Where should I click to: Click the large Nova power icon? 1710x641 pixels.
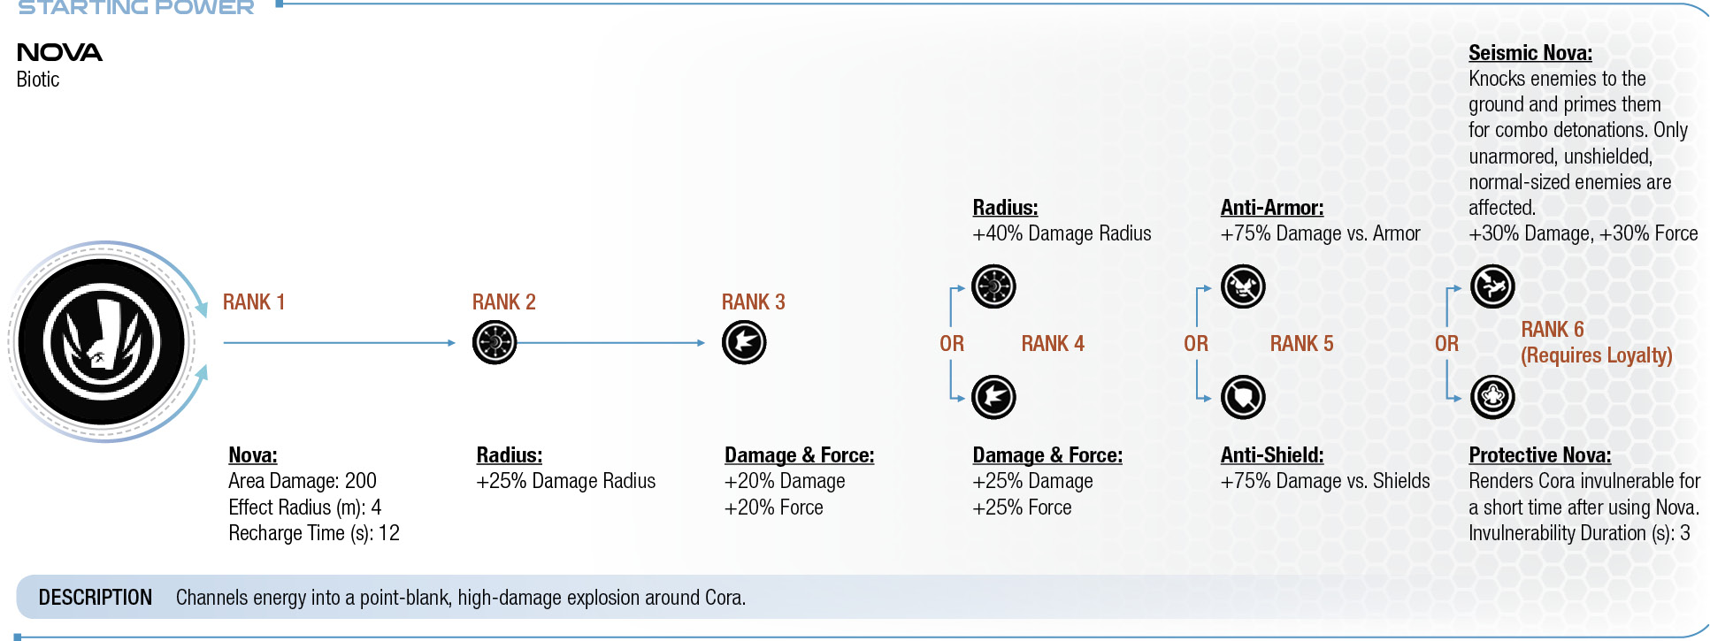coord(102,342)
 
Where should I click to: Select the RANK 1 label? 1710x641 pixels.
coord(254,302)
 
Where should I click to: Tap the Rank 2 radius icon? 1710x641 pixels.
coord(495,342)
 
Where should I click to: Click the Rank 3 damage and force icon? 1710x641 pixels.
coord(744,342)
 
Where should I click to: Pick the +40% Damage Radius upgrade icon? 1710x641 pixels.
coord(993,286)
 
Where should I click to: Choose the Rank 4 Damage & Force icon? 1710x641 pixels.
coord(993,397)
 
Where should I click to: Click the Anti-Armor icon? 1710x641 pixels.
coord(1243,286)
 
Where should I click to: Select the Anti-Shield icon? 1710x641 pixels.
coord(1243,397)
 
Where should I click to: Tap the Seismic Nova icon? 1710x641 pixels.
coord(1492,286)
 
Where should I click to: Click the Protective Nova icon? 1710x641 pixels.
coord(1492,397)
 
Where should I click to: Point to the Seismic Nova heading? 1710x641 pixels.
coord(1530,53)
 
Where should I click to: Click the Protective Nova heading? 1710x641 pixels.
coord(1540,455)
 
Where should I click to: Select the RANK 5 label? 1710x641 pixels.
coord(1301,344)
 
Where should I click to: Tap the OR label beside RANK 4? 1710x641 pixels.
coord(952,344)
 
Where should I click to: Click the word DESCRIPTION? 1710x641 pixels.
coord(96,598)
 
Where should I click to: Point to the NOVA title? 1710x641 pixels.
coord(59,53)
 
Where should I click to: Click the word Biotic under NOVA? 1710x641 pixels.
coord(38,80)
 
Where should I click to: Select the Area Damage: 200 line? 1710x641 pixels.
coord(303,481)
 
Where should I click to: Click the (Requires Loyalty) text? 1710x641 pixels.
coord(1597,355)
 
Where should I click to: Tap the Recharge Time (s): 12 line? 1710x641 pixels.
coord(314,533)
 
